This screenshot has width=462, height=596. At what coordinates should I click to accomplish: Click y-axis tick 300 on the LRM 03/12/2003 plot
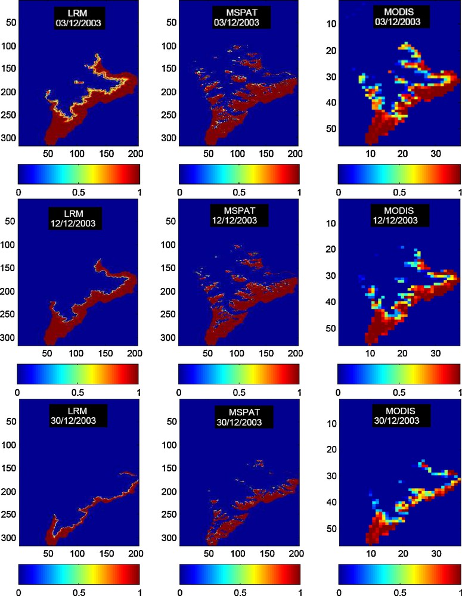(x=9, y=138)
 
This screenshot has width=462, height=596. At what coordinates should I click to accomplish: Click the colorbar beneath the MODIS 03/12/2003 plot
(x=399, y=173)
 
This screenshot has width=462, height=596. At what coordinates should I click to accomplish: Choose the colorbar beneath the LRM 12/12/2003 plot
(x=79, y=373)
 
